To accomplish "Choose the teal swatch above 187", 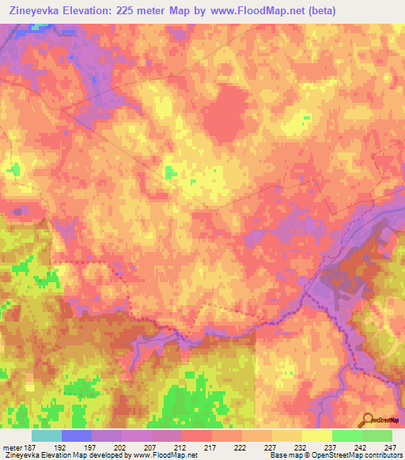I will pos(47,435).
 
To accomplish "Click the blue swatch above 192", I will pos(77,435).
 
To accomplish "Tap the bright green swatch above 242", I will pos(347,435).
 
